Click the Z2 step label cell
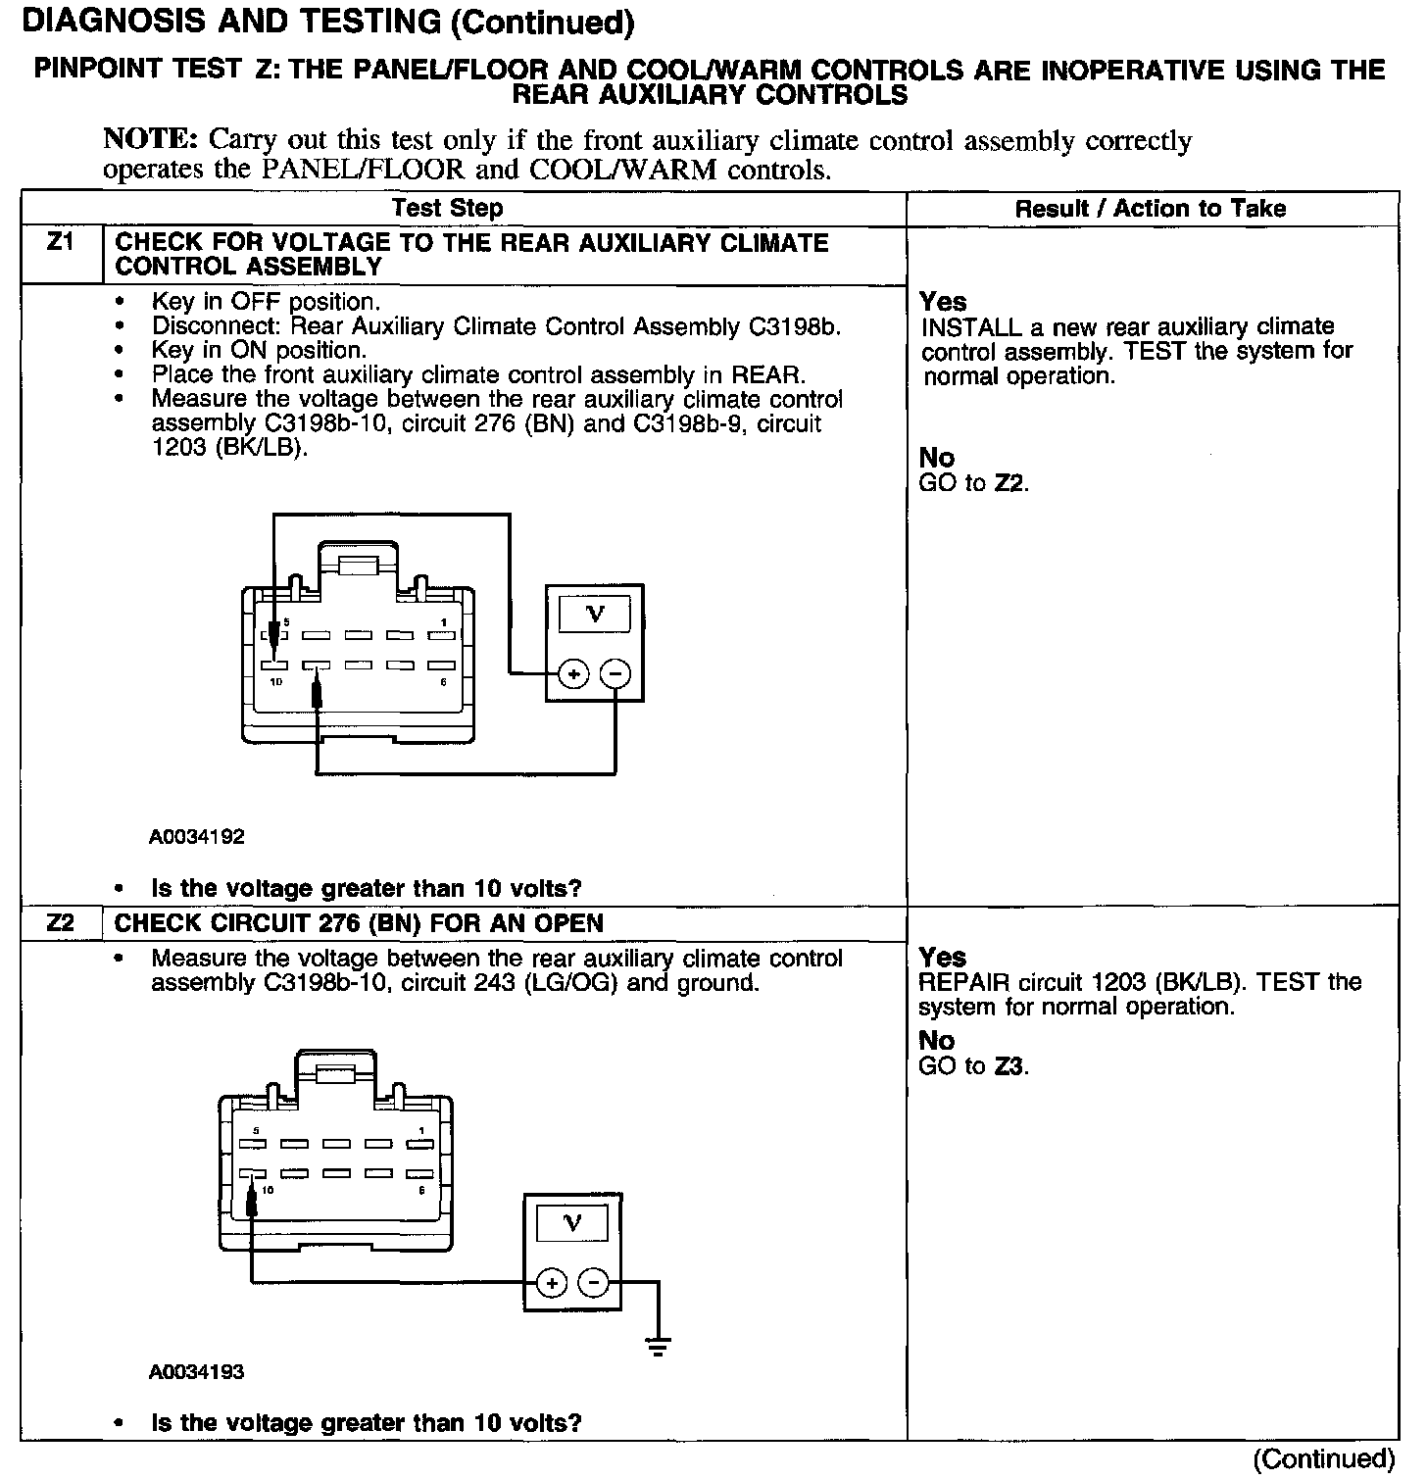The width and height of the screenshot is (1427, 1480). coord(60,923)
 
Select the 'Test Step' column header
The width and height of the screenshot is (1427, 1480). coord(447,208)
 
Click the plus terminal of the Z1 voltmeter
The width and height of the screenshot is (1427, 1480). coord(573,674)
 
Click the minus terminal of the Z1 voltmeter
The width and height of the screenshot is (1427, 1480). coord(615,674)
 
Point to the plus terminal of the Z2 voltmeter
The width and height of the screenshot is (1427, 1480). coord(552,1283)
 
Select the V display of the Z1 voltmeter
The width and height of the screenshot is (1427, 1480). coord(594,615)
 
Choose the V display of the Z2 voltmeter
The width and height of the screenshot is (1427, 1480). coord(572,1223)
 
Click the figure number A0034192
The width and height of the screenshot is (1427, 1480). coord(197,837)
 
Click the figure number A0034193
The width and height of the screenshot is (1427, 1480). coord(197,1372)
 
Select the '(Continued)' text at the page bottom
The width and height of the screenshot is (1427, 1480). coord(1323,1458)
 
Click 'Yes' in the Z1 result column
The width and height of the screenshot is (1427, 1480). coord(943,302)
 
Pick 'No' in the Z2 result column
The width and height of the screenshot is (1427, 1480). coord(937,1041)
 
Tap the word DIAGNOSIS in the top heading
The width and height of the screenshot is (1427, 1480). coord(106,22)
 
